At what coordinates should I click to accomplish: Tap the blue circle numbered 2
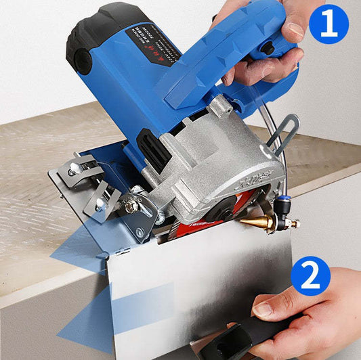coord(310,276)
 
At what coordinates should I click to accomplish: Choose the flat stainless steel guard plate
coord(203,284)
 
